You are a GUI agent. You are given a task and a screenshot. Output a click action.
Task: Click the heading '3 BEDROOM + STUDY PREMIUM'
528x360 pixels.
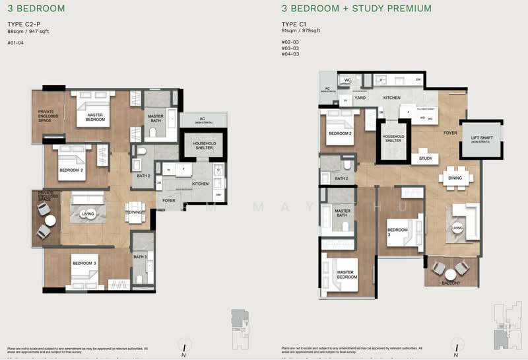(356, 9)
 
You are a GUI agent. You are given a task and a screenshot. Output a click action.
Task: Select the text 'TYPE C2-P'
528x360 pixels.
(23, 24)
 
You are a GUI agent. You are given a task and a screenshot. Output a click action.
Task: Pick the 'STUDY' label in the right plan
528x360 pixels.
(424, 159)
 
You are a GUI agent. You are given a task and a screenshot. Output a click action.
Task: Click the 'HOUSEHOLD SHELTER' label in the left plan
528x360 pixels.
(205, 146)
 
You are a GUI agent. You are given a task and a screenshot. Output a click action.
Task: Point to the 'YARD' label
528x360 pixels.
(360, 98)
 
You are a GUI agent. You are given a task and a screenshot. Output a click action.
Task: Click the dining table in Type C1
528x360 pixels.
(455, 178)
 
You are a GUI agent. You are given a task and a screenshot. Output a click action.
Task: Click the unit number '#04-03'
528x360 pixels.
(289, 54)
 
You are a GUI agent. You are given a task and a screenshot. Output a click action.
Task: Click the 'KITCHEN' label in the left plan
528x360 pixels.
(200, 184)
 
